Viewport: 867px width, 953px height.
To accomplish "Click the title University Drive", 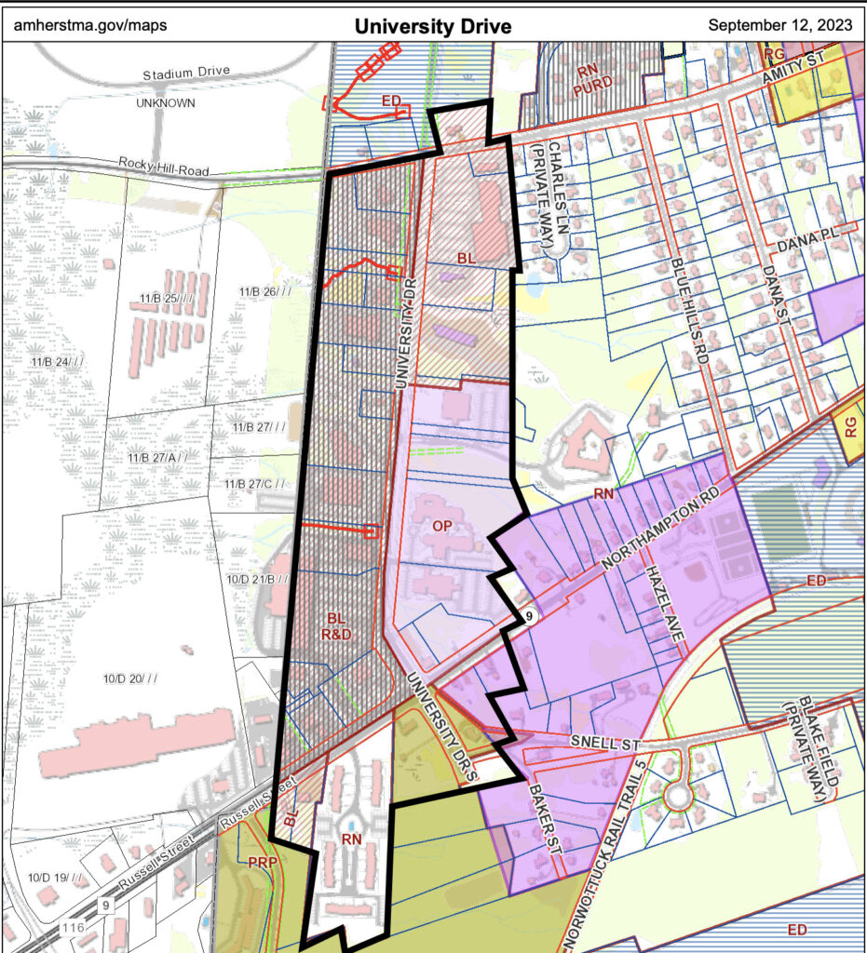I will pos(433,25).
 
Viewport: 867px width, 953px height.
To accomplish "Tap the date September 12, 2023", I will pos(779,25).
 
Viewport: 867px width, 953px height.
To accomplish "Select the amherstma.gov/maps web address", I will pos(90,25).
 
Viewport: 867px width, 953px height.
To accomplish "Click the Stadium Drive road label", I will pos(186,73).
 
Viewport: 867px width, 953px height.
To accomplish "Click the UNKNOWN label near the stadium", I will pos(165,102).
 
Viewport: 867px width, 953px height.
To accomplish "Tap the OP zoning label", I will pos(442,526).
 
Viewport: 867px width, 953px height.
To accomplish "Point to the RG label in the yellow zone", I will pos(849,427).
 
